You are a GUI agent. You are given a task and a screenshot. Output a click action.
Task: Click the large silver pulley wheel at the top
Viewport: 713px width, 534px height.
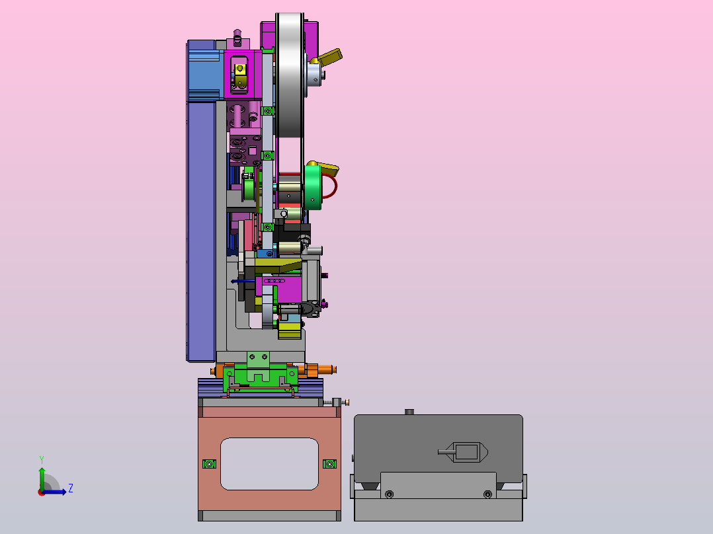pos(290,75)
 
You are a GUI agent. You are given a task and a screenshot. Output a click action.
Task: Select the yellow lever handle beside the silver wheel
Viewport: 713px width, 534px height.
pos(330,56)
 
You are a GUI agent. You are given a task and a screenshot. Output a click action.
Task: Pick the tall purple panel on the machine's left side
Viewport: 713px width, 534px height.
pos(201,232)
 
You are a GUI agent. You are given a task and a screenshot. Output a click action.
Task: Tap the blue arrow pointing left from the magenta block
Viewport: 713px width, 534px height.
pos(243,282)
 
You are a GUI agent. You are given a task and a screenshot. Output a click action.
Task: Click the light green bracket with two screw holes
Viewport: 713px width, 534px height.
pos(258,359)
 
